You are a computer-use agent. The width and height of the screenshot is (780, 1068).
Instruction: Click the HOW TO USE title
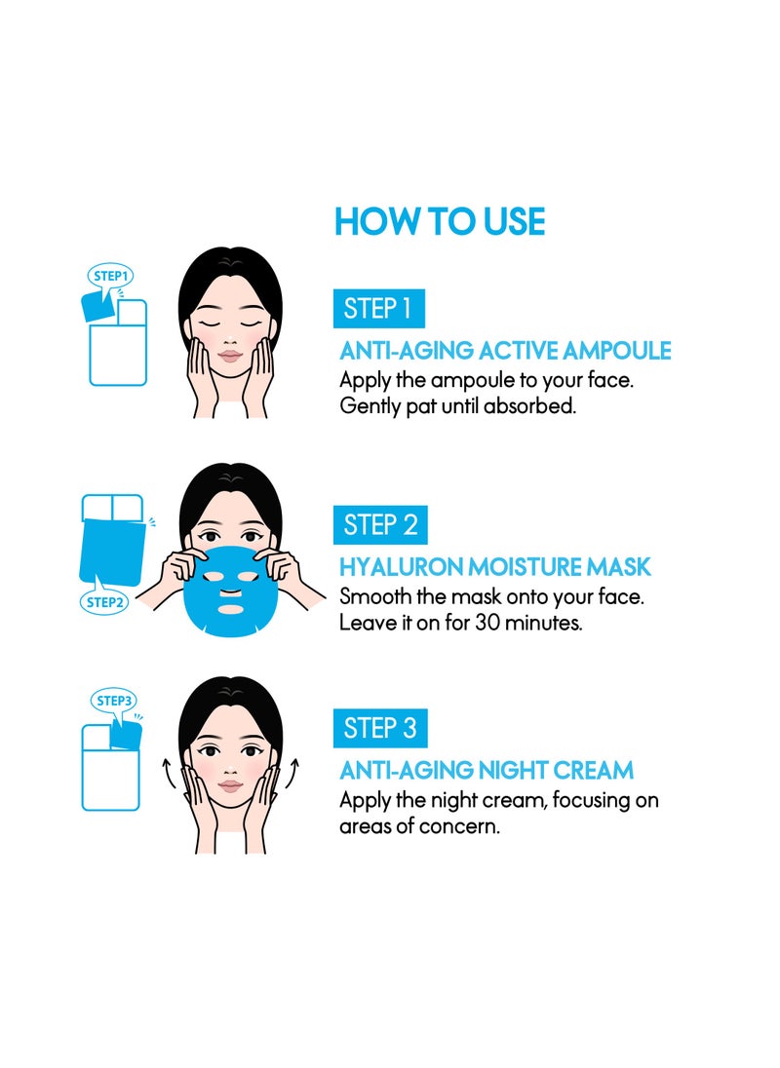pos(440,221)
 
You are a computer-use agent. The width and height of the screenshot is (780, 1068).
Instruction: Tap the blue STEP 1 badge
pos(378,309)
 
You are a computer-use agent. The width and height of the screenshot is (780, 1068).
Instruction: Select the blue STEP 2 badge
pos(380,525)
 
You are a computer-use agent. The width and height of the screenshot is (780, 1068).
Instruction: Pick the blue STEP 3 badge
pos(380,728)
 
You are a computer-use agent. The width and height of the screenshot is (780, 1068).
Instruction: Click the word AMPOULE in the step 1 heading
pos(616,351)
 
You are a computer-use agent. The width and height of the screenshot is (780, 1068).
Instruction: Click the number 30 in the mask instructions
pos(487,623)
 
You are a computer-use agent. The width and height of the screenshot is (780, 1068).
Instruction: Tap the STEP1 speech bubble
pos(109,278)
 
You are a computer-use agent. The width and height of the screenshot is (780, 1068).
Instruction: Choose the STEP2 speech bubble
pos(103,599)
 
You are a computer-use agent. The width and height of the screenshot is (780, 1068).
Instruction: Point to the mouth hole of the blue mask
pos(229,608)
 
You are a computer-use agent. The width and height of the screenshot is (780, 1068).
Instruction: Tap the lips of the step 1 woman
pos(229,357)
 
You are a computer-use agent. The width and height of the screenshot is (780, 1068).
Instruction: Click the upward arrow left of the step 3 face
pos(168,773)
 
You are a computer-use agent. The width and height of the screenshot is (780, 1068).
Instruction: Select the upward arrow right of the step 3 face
pos(292,773)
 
